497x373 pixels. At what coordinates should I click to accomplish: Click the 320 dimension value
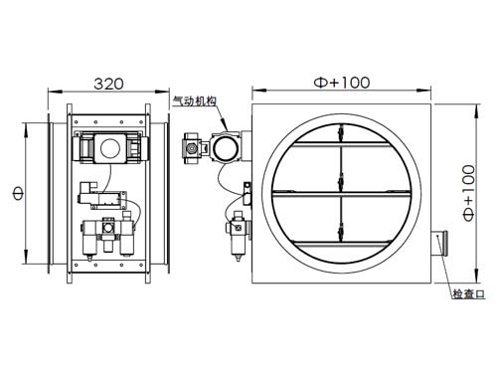click(108, 84)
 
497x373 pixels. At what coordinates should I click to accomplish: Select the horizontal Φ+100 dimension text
click(342, 83)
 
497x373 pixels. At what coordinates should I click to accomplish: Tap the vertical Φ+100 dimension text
click(469, 193)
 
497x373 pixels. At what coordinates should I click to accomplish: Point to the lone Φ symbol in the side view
click(18, 193)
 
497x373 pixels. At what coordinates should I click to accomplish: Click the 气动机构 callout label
click(195, 100)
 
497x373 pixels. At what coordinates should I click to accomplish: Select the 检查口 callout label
click(469, 293)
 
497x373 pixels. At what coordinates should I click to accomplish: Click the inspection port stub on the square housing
click(439, 243)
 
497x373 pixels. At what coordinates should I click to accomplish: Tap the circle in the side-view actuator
click(109, 148)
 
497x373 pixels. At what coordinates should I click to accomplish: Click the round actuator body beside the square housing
click(226, 147)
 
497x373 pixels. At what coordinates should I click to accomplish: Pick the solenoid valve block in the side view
click(102, 196)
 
